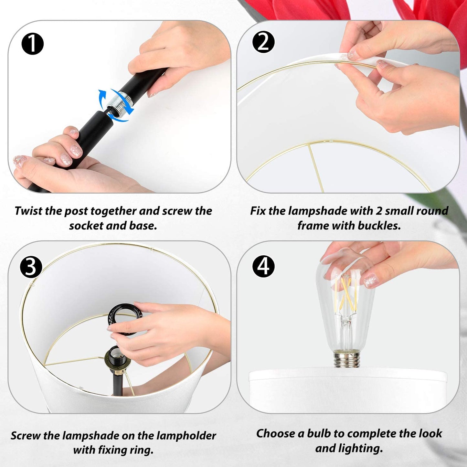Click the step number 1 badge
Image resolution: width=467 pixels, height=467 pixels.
click(x=32, y=44)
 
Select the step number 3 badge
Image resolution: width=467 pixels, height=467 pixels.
click(x=31, y=267)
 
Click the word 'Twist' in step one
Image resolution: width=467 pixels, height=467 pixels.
click(x=28, y=211)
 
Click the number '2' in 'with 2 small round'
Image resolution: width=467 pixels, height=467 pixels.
click(x=379, y=211)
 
